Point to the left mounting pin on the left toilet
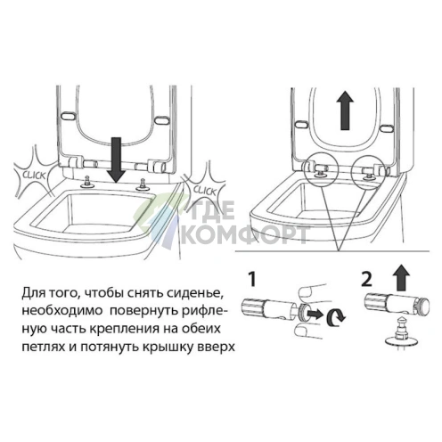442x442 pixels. (90, 183)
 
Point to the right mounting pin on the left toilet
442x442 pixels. (142, 185)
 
